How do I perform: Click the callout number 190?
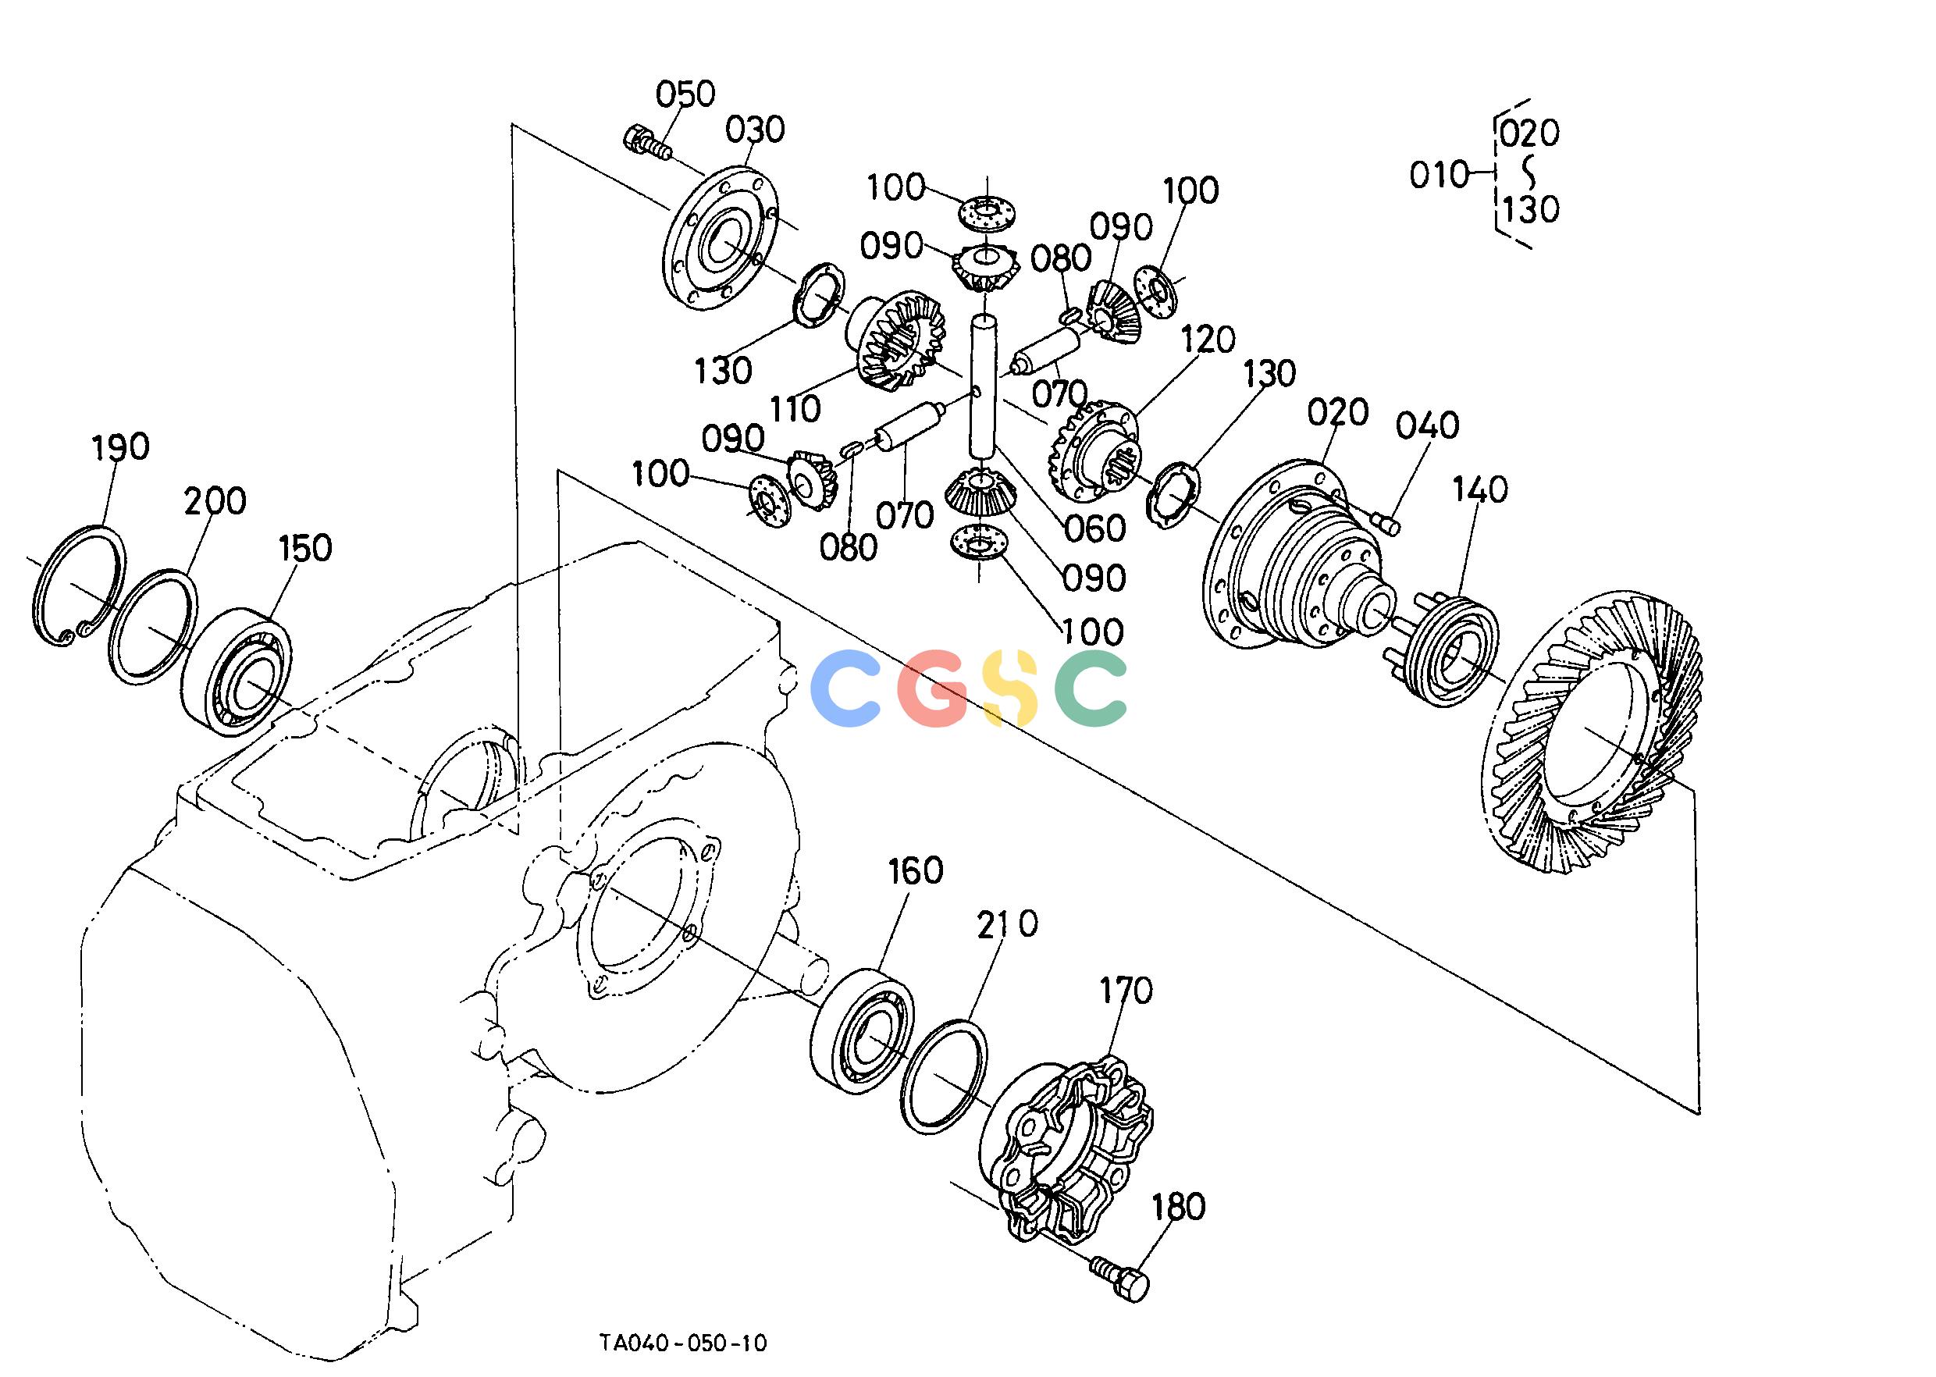click(120, 446)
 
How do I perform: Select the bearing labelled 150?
click(236, 670)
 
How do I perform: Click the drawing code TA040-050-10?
click(682, 1342)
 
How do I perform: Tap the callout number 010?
click(1438, 176)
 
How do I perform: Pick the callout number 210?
click(1006, 924)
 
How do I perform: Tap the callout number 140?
click(1480, 489)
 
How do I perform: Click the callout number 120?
click(1208, 340)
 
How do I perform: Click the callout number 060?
click(1095, 528)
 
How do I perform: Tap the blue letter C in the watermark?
click(845, 688)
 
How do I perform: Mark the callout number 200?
click(215, 501)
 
